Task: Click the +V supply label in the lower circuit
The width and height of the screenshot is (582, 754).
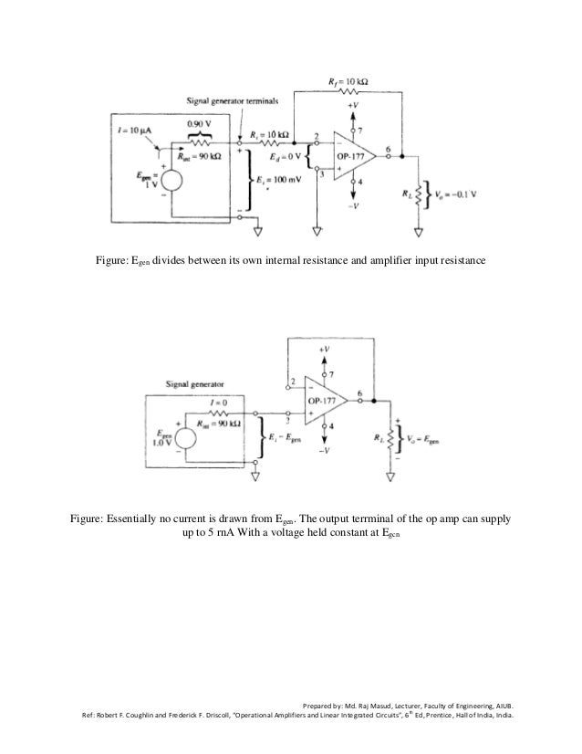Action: coord(325,351)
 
